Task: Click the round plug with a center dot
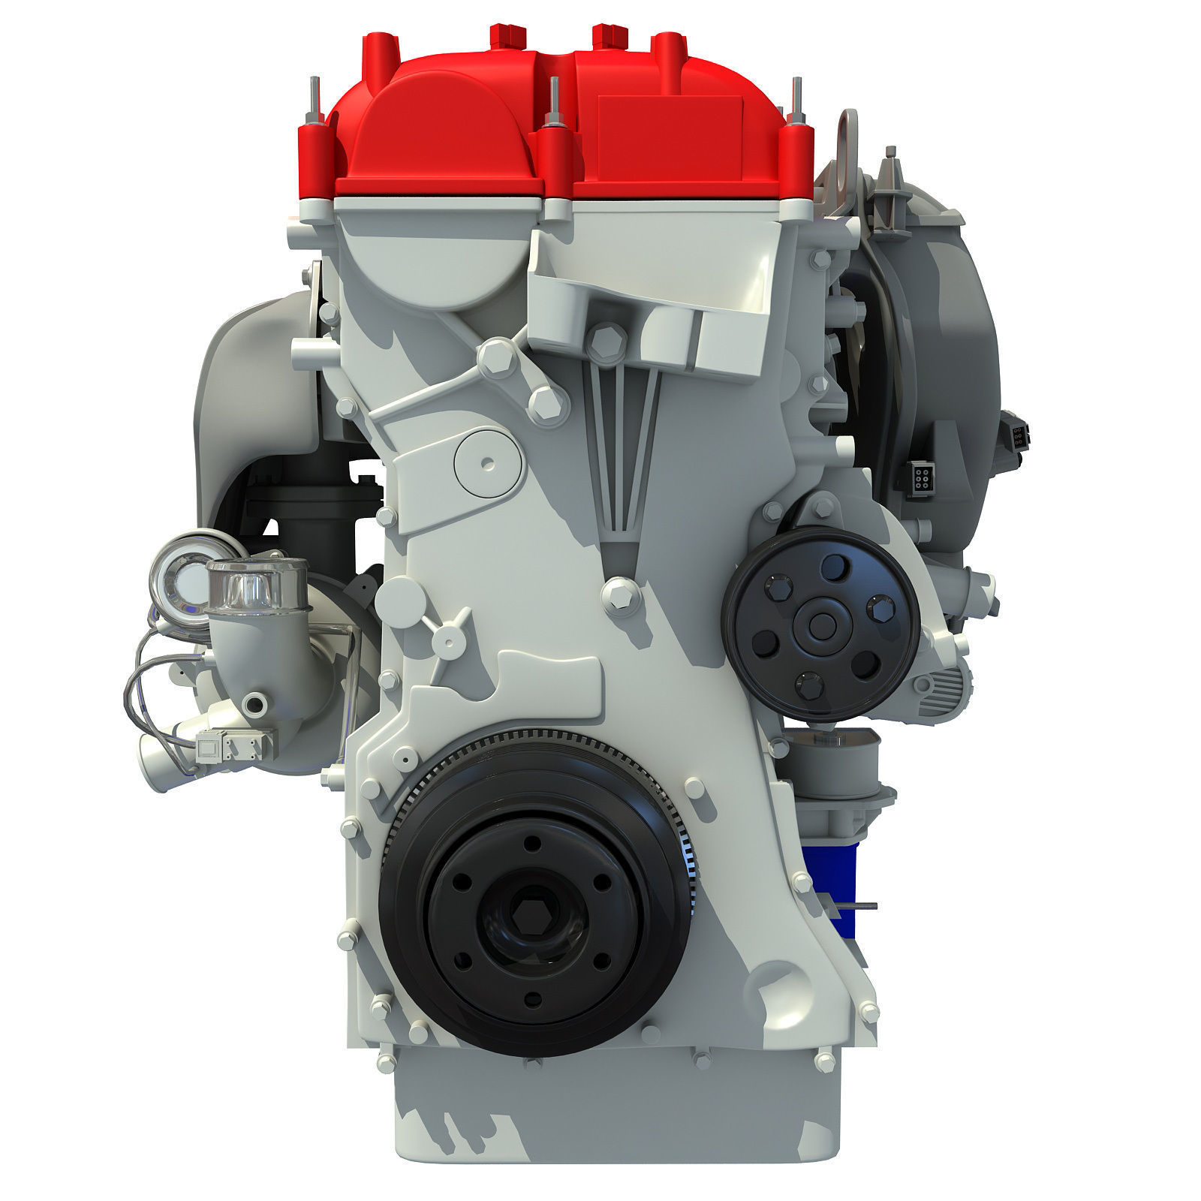(x=487, y=461)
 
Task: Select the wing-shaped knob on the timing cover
(x=447, y=618)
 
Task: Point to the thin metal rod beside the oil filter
(x=856, y=906)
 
